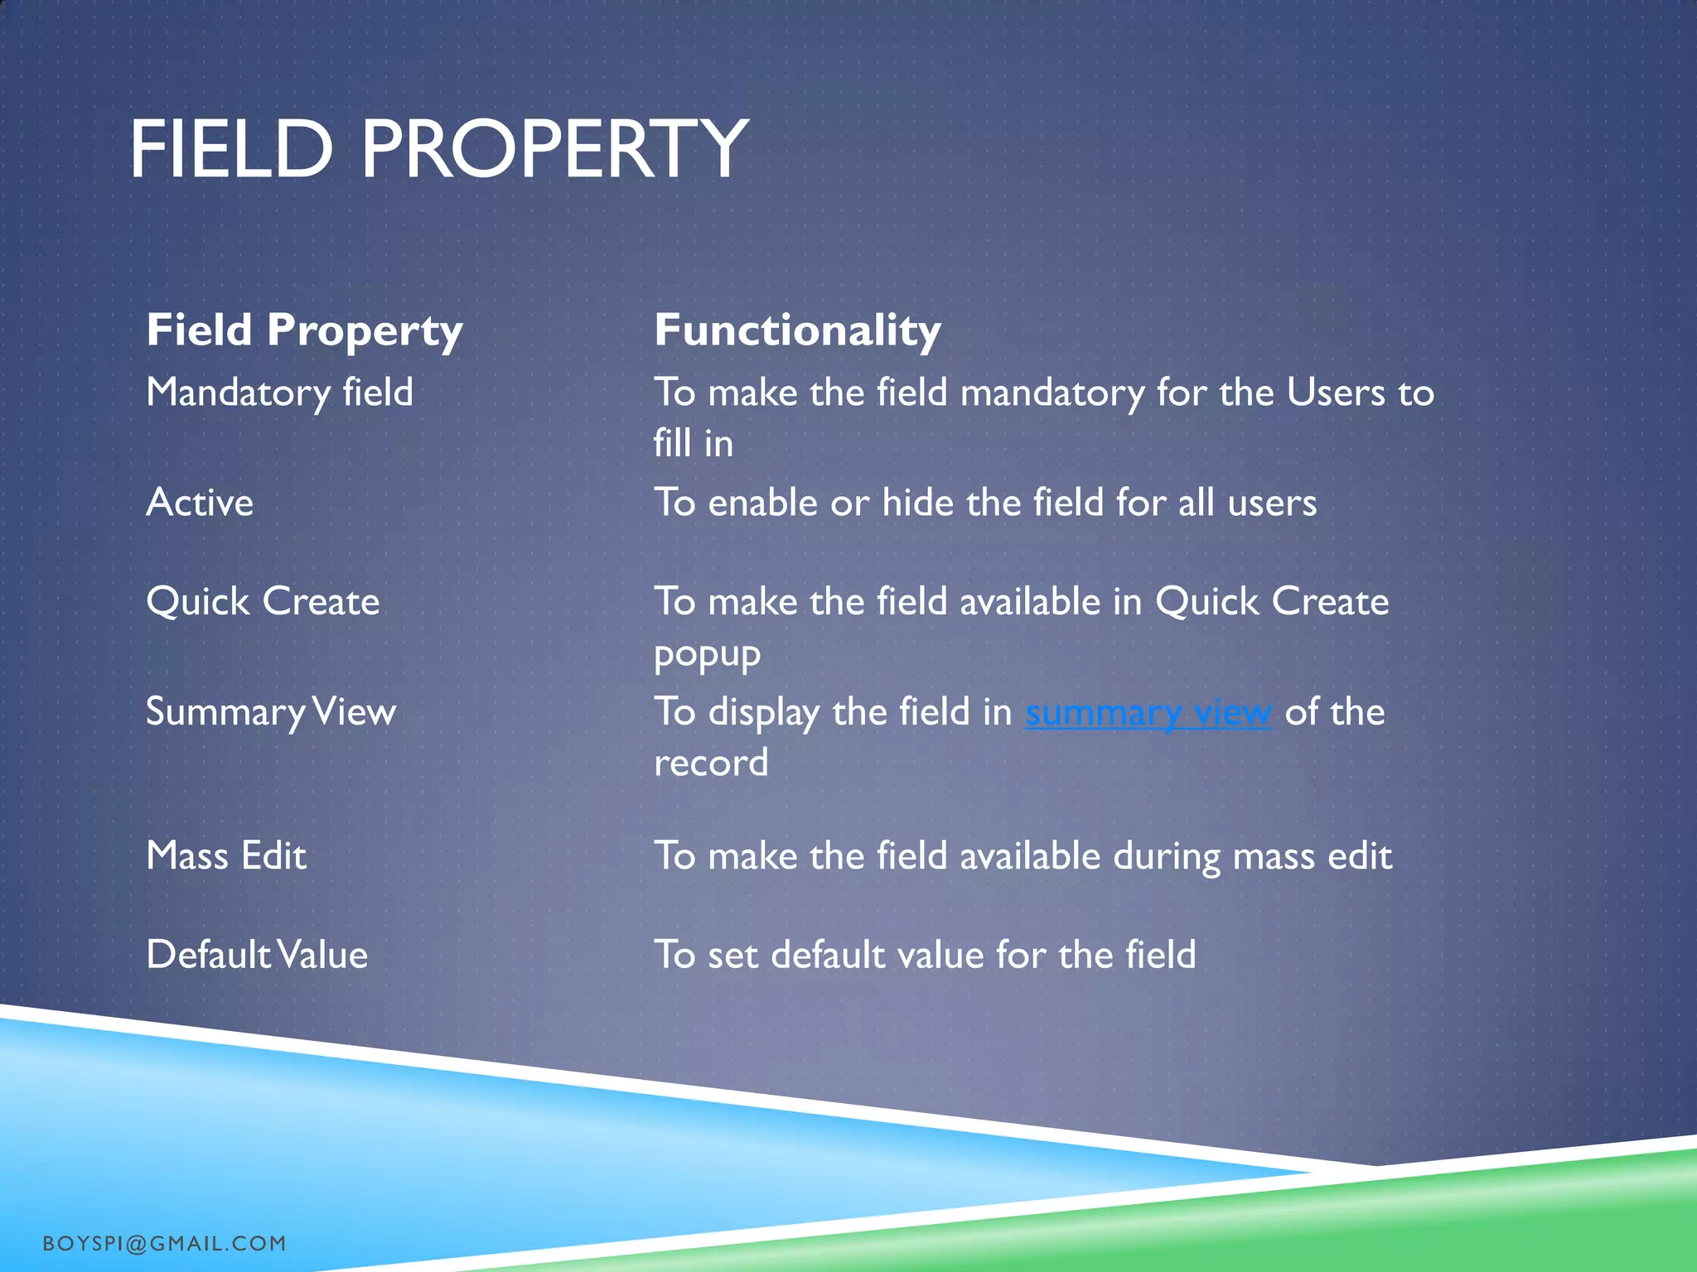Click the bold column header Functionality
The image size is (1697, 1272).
[797, 330]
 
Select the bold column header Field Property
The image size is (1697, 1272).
[304, 330]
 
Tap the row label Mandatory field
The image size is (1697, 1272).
[279, 392]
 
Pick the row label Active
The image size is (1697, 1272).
[200, 502]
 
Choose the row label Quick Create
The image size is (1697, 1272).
[263, 601]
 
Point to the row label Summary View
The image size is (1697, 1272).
[271, 712]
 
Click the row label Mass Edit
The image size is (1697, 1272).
[226, 855]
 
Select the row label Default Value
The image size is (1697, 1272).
[257, 955]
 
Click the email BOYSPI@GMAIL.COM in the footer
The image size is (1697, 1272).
[164, 1243]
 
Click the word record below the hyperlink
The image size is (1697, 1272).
[711, 763]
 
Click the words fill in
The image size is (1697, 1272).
[693, 443]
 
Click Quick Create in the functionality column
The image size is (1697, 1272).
[1272, 601]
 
